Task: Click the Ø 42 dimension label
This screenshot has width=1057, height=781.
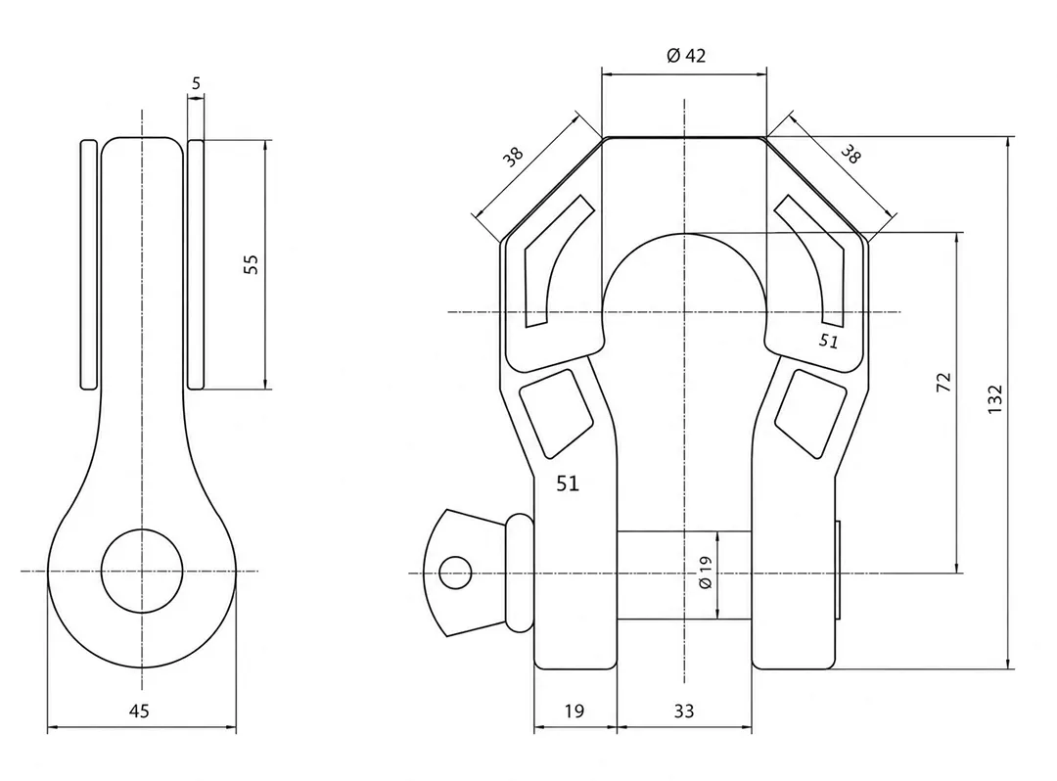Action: point(685,55)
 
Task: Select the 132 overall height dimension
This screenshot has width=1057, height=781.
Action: point(994,399)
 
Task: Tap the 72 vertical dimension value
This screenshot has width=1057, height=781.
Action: point(943,382)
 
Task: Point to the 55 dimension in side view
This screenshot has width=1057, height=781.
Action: point(251,263)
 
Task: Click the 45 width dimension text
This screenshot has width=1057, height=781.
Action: point(139,711)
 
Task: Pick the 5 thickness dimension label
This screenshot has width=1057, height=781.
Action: point(196,83)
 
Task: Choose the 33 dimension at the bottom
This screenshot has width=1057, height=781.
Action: point(683,711)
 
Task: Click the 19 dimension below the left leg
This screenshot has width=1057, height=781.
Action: point(574,711)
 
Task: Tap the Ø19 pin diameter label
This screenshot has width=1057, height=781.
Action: point(705,573)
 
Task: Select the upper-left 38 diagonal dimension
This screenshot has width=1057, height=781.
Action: point(513,157)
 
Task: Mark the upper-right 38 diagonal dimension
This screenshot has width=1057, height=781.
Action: point(850,155)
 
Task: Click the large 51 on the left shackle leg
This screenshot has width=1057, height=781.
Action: point(568,483)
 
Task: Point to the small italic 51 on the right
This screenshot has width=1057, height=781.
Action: point(829,341)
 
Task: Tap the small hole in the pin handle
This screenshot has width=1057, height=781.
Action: point(455,573)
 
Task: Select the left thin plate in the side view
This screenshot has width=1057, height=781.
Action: point(89,264)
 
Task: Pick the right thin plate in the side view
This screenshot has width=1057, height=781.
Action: point(196,264)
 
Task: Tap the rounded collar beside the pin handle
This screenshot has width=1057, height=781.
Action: point(519,572)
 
